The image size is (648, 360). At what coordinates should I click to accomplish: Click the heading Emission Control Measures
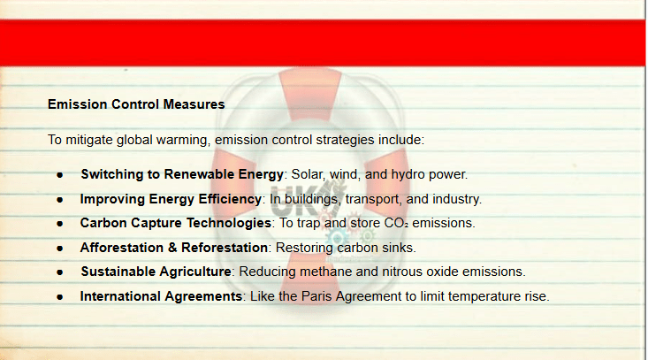tap(136, 104)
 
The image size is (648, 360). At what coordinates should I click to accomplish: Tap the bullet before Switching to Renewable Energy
tap(60, 175)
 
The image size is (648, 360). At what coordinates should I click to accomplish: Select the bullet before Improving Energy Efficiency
tap(60, 200)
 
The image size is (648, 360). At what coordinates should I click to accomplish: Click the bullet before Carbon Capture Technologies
tap(60, 224)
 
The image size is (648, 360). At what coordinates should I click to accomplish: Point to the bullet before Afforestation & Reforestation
tap(60, 249)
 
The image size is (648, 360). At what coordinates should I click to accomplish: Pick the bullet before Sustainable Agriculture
tap(60, 272)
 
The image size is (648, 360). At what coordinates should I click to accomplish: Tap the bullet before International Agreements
tap(60, 297)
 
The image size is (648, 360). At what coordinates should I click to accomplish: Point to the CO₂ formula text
tap(396, 223)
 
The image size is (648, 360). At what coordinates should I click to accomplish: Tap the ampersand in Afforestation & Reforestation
tap(172, 248)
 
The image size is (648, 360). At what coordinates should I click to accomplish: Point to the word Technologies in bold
tap(229, 223)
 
